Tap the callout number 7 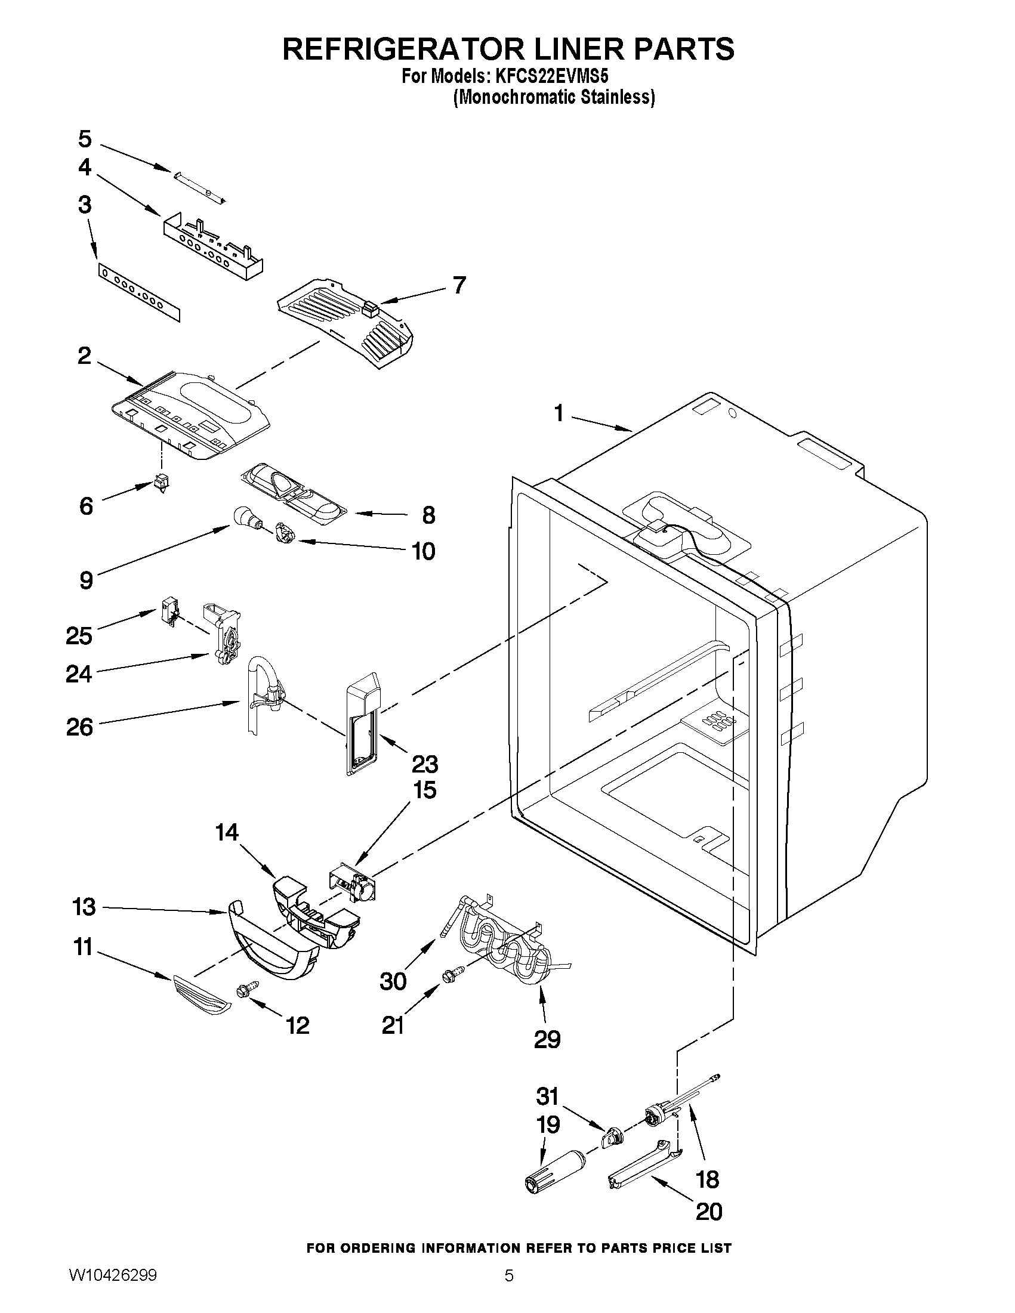[459, 285]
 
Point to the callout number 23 [424, 765]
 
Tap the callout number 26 [79, 727]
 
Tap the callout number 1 [559, 413]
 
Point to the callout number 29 [547, 1039]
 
